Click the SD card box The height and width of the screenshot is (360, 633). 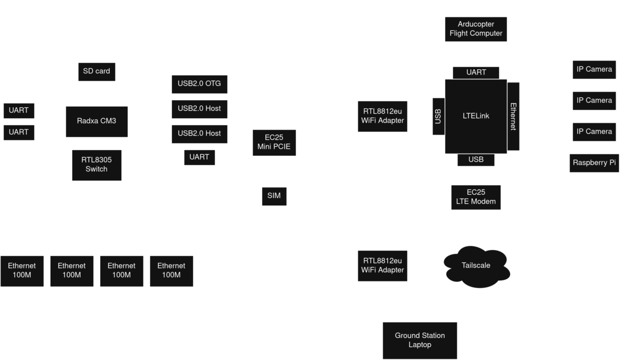97,71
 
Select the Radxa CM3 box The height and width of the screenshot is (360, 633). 97,121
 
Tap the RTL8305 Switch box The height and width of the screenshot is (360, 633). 97,165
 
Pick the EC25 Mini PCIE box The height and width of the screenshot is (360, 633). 274,143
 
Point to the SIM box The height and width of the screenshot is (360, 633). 274,196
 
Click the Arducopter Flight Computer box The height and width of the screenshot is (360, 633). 476,29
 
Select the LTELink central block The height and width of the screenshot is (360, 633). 475,116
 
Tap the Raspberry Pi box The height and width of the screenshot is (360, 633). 594,163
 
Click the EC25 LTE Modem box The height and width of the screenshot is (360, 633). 476,197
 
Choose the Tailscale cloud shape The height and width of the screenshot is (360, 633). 476,265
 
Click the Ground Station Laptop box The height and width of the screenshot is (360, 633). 420,340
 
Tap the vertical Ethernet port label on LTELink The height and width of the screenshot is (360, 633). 513,116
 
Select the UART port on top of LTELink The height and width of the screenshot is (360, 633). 476,72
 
